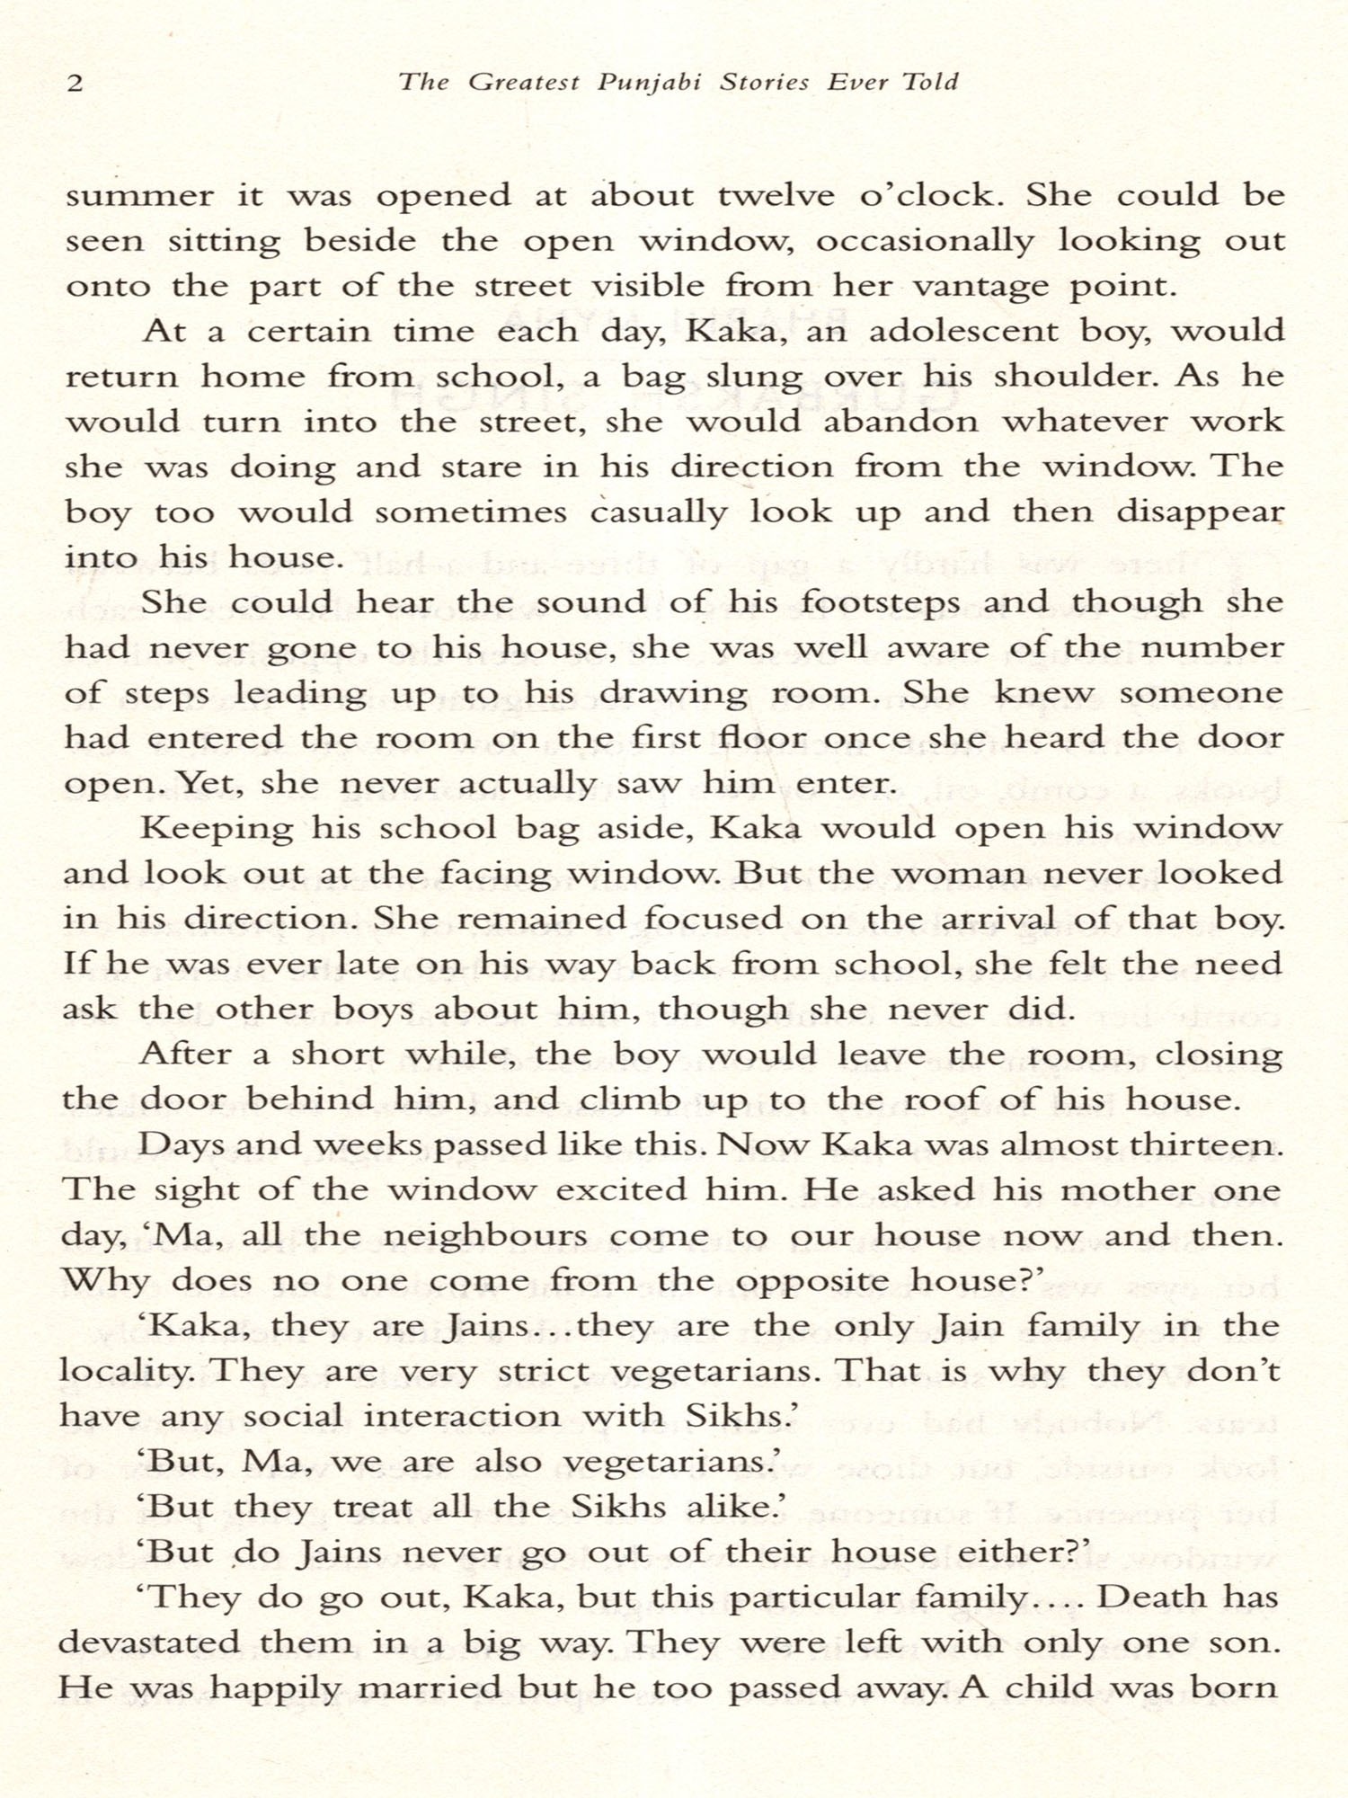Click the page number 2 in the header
coord(75,84)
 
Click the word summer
coord(140,196)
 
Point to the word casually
coord(658,513)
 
